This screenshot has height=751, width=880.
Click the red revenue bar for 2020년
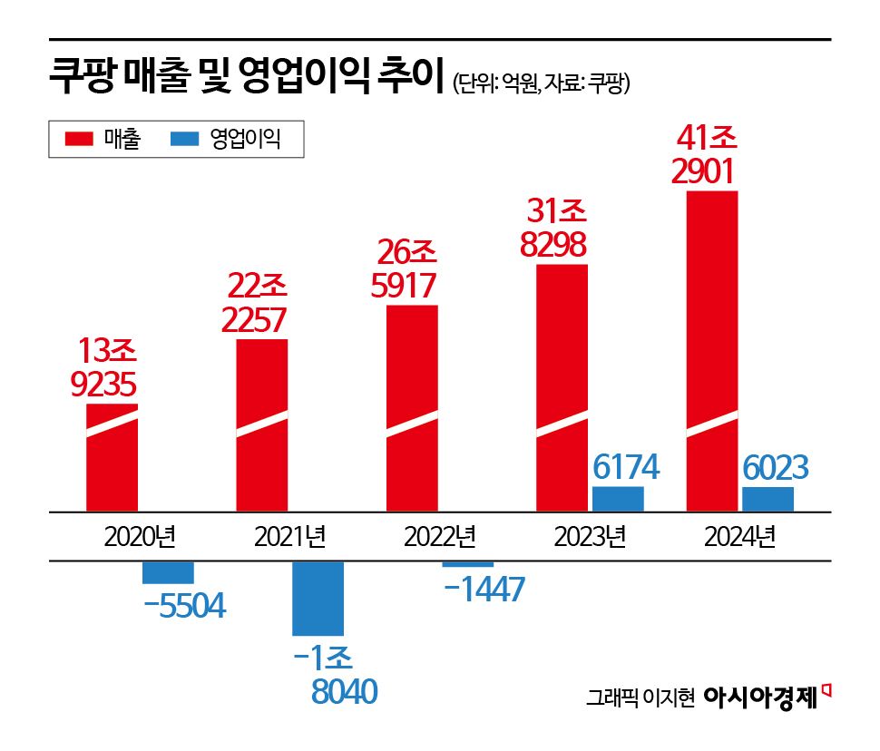112,458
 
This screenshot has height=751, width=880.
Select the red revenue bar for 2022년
413,408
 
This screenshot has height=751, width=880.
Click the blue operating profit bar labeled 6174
618,499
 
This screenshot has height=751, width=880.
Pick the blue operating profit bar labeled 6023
768,499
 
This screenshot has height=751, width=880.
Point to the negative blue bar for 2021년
318,598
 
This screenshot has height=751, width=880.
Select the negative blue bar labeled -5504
169,572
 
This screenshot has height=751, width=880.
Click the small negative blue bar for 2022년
468,564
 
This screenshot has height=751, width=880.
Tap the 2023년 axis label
590,538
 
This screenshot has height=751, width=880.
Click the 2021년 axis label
289,538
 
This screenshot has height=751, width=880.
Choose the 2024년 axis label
739,538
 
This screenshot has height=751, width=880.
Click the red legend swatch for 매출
78,140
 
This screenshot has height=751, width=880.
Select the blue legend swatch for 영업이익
184,140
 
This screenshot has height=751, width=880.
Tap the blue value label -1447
484,590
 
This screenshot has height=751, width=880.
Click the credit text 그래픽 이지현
640,699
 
